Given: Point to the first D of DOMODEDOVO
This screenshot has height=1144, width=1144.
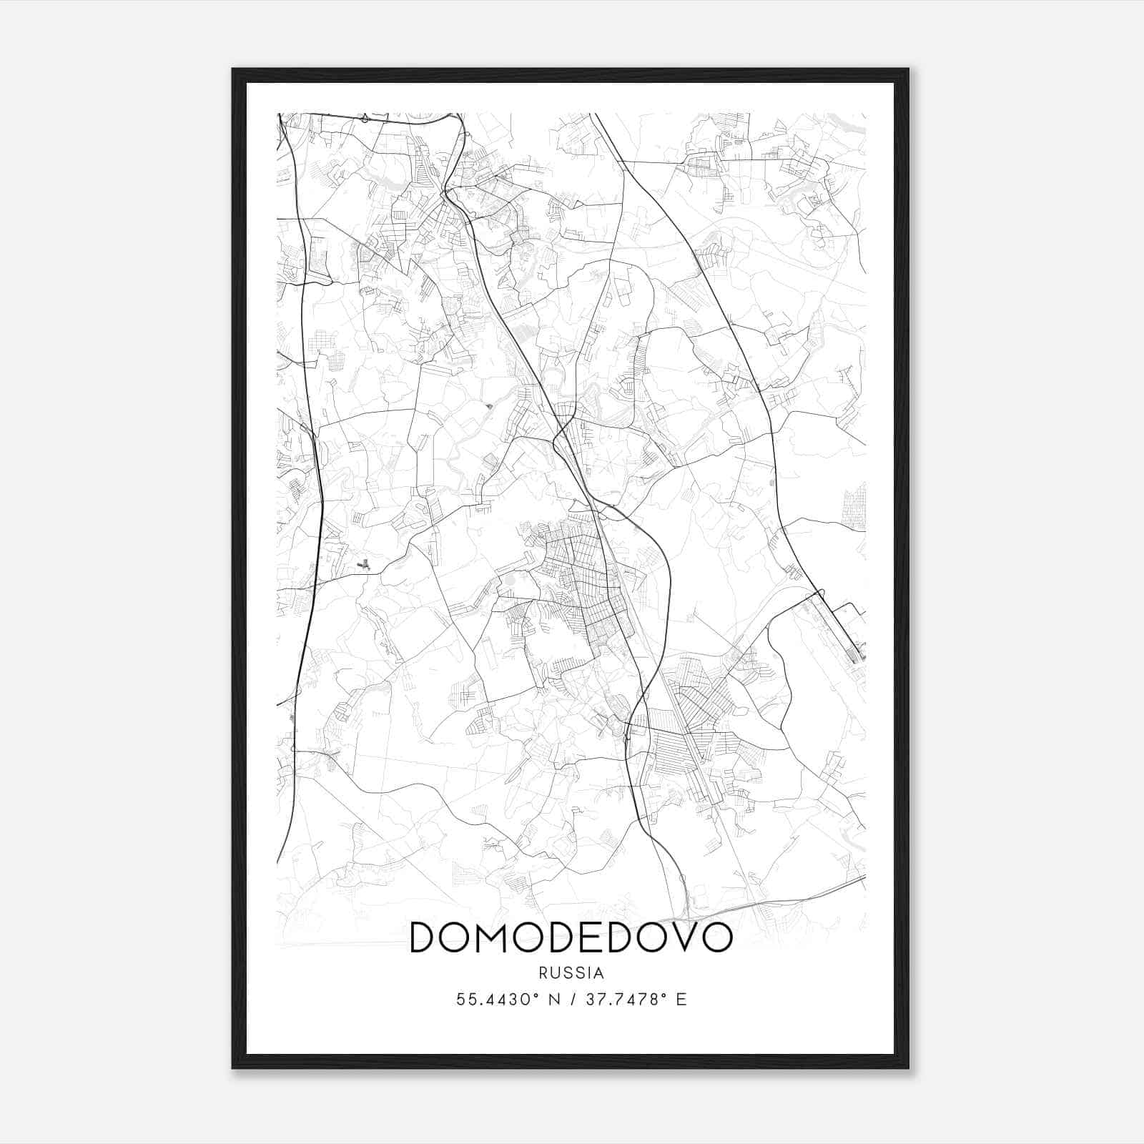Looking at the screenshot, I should tap(423, 937).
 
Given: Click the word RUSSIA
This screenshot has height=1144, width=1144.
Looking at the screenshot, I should tap(571, 973).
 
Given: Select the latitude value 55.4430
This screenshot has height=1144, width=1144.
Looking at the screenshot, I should tap(493, 1000).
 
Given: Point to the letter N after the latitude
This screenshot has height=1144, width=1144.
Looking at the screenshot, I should tap(553, 1000).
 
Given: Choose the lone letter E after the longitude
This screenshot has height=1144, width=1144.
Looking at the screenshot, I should tap(681, 1000).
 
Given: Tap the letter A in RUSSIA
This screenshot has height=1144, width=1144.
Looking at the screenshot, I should tap(599, 973).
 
